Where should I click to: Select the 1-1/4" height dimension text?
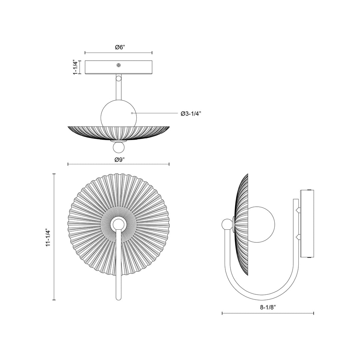point(76,67)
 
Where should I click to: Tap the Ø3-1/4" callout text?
point(191,114)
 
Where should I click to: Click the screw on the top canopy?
point(119,65)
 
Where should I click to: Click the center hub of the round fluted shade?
point(118,225)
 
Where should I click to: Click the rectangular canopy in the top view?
point(100,67)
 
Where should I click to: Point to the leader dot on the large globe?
point(132,113)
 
